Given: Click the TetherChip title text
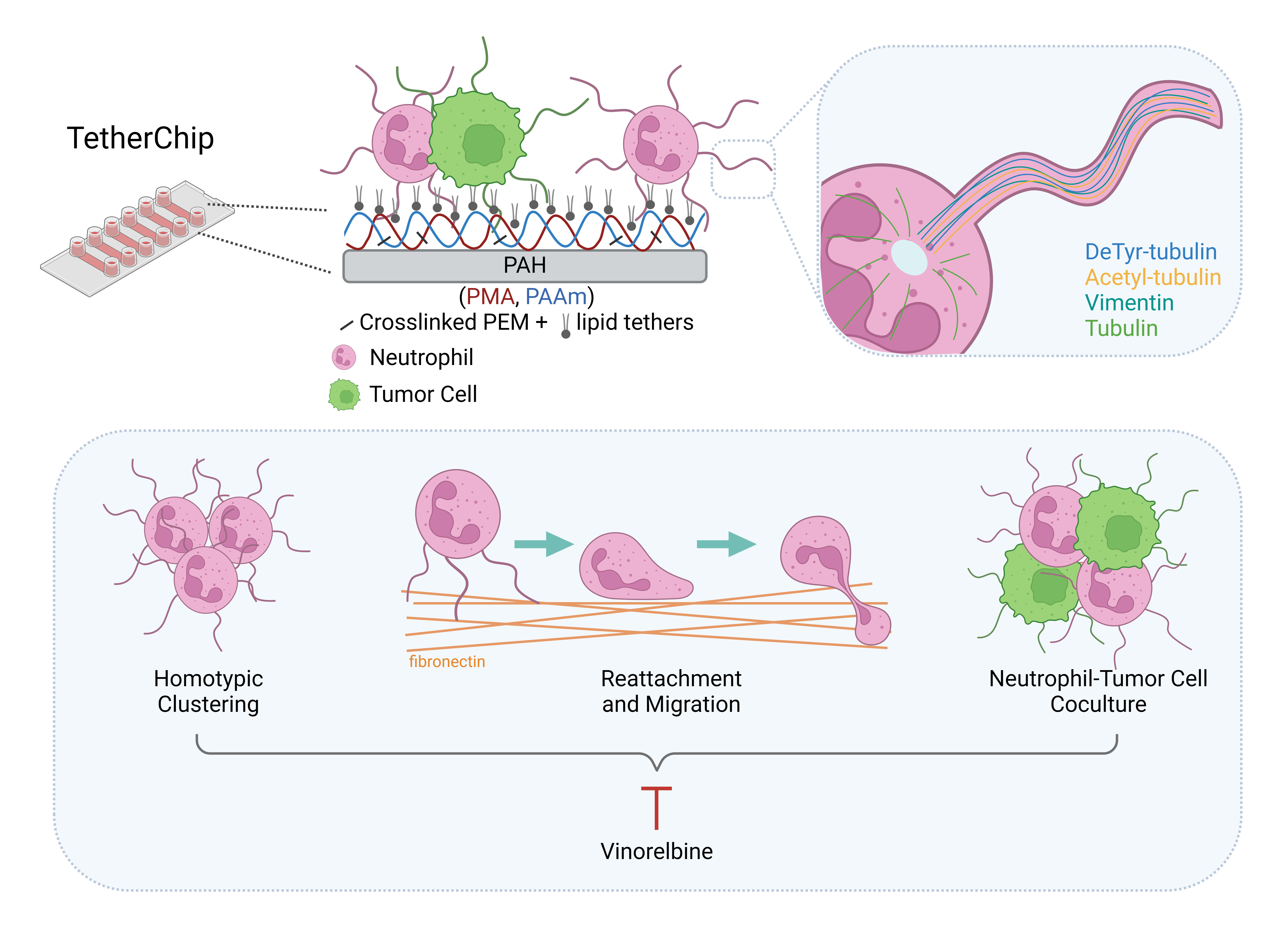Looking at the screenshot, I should (140, 138).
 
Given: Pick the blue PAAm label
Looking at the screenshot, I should (556, 296).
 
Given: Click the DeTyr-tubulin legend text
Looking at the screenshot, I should (1151, 252).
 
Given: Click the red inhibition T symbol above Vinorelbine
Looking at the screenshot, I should (656, 807).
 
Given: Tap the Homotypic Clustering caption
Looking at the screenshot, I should (208, 691).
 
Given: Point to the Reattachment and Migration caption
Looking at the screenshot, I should (671, 691).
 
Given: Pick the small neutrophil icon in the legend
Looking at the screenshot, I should (344, 357).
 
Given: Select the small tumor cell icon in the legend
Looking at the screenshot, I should (344, 395).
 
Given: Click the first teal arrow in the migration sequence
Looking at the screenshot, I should (543, 544).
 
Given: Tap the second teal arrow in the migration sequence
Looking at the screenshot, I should (726, 544).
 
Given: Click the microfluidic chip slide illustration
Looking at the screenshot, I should (137, 237).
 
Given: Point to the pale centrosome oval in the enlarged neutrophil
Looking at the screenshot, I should (909, 257).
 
